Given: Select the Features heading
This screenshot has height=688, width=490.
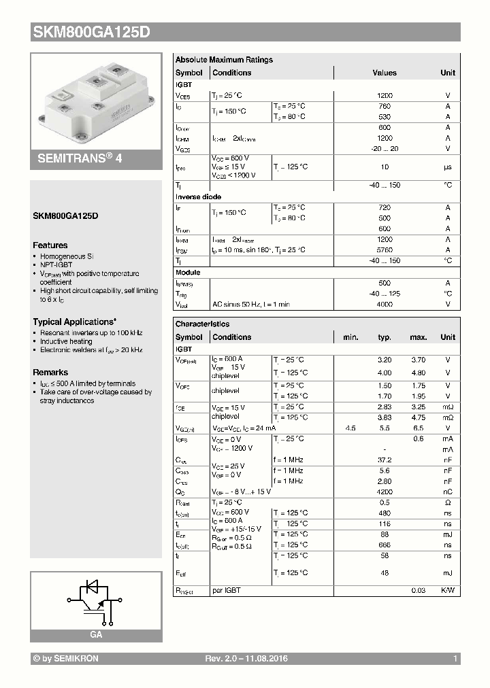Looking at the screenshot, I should tap(50, 245).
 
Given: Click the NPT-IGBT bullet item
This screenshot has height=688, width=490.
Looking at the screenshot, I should tap(57, 265).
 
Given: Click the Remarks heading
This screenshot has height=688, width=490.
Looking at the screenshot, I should tap(50, 373).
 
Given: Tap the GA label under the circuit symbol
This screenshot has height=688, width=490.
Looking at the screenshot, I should tap(96, 634).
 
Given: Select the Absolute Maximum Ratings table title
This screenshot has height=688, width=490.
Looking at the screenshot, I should tap(224, 60).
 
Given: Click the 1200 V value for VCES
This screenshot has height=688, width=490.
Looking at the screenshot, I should tap(385, 97).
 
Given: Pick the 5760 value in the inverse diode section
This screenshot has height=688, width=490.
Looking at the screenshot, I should tap(385, 250).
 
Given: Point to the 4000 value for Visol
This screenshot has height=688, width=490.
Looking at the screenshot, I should tap(385, 305).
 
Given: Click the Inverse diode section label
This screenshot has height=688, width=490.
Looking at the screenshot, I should tap(197, 196).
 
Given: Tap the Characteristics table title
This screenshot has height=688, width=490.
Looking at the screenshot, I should tap(202, 324).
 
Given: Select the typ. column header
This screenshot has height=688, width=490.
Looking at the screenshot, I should tap(385, 337).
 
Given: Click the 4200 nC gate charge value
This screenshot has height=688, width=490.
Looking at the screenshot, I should tap(385, 491).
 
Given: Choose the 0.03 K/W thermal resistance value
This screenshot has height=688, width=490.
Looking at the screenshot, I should tap(418, 590).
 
